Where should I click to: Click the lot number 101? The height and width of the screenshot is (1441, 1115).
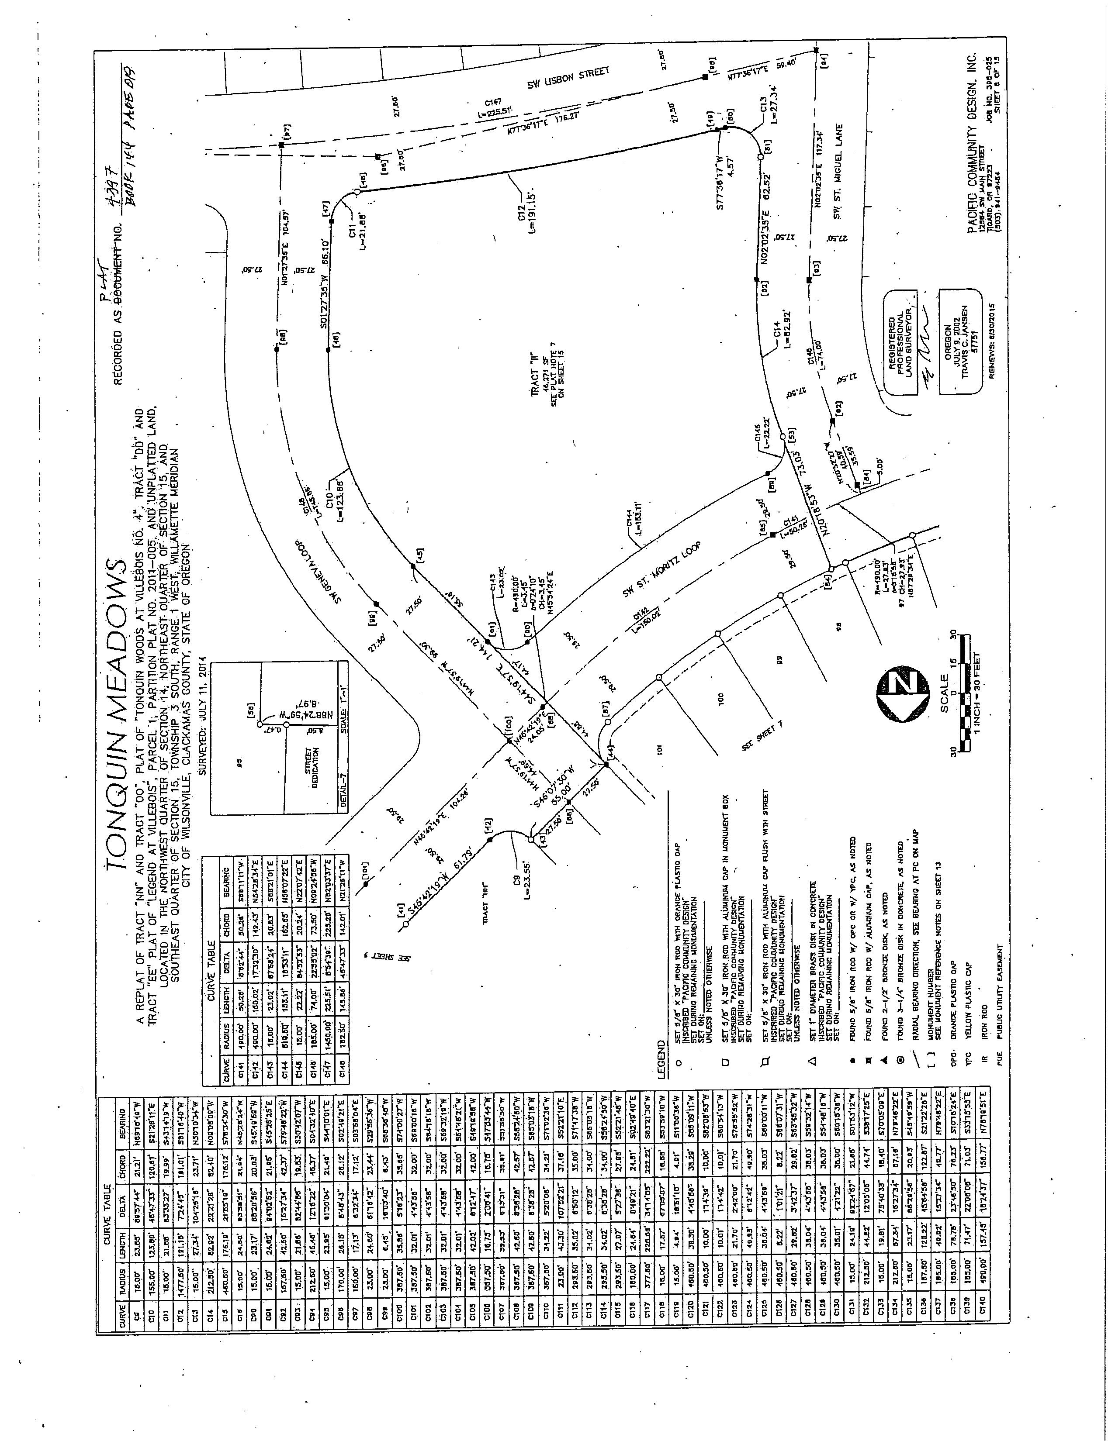662,749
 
